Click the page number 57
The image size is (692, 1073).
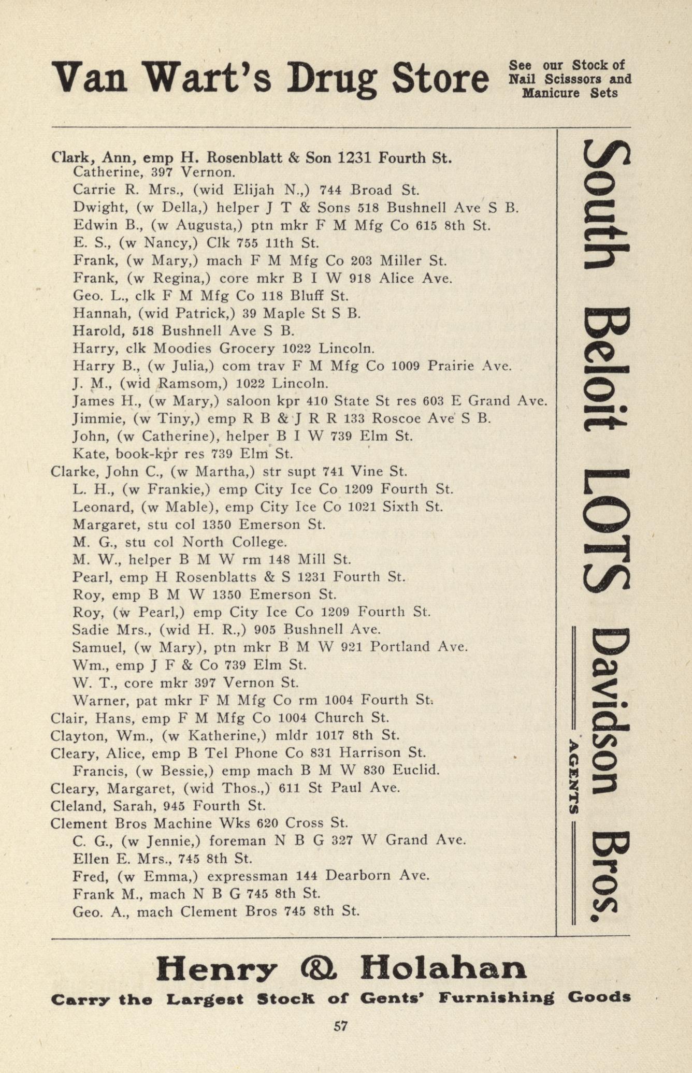(340, 1026)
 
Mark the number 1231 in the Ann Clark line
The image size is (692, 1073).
(355, 157)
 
